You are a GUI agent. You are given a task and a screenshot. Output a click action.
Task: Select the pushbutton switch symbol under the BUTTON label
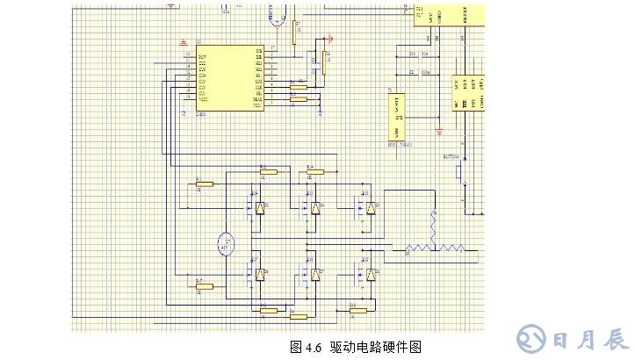[x=459, y=171]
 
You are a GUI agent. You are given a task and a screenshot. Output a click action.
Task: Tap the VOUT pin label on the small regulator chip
[x=400, y=101]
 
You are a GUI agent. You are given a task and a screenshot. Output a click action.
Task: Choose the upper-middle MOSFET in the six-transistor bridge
[x=311, y=208]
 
